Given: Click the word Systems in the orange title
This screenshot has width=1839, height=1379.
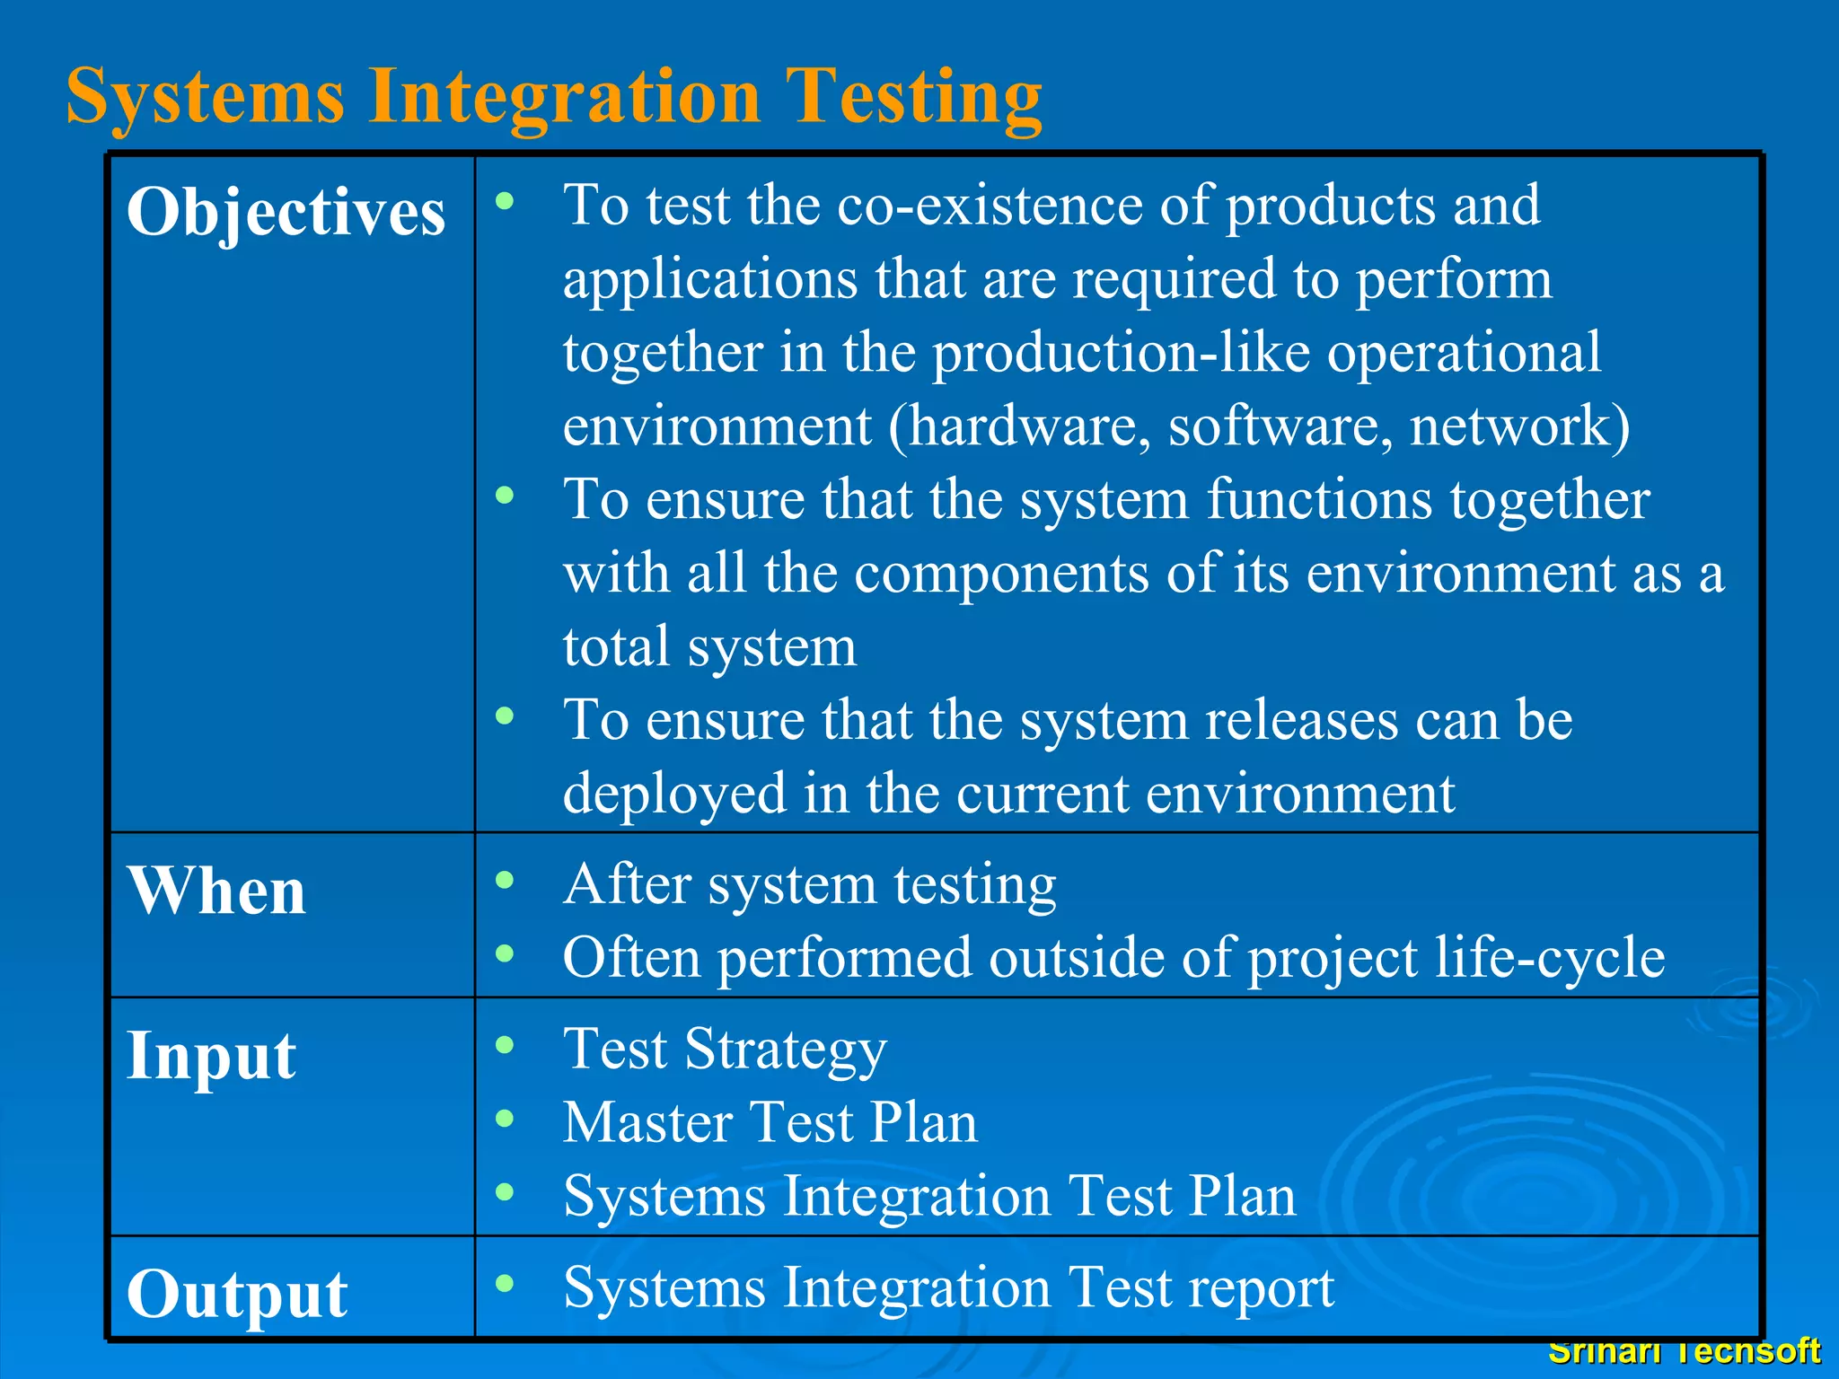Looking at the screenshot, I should coord(206,97).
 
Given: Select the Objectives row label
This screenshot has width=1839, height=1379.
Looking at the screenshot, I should coord(286,214).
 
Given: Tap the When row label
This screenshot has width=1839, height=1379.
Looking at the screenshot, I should coord(216,892).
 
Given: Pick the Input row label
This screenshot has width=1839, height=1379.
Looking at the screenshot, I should coord(211,1056).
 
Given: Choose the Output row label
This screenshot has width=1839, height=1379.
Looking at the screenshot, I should coord(237,1294).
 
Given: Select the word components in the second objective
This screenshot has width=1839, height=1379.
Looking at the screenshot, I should coord(1001,573).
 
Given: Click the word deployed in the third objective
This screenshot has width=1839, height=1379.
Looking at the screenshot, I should coord(674,795).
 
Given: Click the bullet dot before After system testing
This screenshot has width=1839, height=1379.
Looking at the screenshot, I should coord(505,880).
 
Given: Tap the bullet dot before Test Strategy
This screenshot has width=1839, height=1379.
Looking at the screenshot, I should coord(505,1044).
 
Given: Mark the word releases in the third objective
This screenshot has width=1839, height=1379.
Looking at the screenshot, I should coord(1301,720).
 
